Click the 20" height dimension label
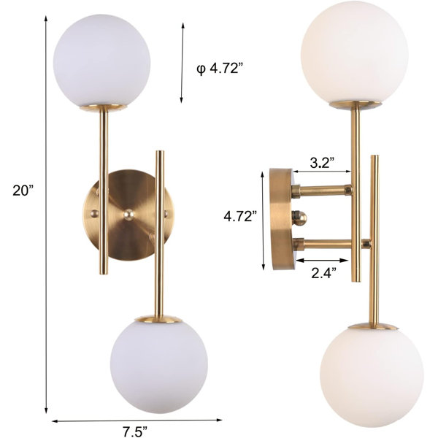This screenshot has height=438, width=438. pos(23,191)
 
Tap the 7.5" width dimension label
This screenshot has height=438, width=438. pos(135,431)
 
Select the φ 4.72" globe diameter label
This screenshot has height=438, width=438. pos(218,68)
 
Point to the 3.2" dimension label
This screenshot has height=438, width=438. pos(323,162)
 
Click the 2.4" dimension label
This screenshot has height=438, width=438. pos(323,272)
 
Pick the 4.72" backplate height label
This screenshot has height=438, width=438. pos(240,216)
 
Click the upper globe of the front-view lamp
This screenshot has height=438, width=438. pos(101,61)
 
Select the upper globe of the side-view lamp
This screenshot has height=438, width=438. pos(355,53)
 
